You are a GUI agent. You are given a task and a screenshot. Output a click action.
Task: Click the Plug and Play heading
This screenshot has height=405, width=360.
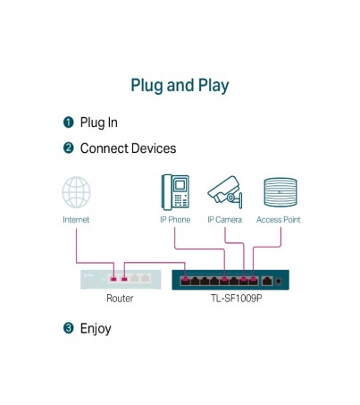(x=180, y=86)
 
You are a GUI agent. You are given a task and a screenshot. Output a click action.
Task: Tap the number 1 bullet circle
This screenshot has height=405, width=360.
(x=69, y=122)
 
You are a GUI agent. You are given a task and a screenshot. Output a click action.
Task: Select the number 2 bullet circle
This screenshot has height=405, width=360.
(x=69, y=148)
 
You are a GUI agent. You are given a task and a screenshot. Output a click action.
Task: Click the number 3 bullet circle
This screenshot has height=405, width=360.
(x=69, y=328)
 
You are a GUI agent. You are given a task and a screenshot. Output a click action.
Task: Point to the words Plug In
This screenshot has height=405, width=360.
(x=99, y=122)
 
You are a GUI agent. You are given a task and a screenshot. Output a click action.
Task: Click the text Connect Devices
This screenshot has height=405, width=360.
(x=128, y=148)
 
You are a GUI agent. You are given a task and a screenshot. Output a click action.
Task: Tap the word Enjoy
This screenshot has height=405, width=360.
(x=96, y=329)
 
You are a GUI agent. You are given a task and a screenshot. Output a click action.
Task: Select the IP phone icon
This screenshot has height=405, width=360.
(x=175, y=192)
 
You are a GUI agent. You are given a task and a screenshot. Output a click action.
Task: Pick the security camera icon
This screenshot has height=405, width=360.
(x=225, y=191)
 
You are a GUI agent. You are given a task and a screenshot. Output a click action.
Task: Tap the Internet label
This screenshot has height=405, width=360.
(x=76, y=220)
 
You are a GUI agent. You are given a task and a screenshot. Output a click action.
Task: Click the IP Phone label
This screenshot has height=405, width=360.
(x=175, y=220)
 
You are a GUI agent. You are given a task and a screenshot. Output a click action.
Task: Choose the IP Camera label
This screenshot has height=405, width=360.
(x=224, y=220)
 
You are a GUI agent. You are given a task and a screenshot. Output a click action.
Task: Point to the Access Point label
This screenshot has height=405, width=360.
(x=279, y=220)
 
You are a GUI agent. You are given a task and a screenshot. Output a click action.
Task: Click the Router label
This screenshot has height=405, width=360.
(x=120, y=298)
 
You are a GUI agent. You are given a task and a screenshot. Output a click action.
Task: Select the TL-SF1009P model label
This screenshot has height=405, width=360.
(x=237, y=298)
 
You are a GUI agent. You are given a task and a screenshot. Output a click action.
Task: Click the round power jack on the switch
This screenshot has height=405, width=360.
(x=279, y=281)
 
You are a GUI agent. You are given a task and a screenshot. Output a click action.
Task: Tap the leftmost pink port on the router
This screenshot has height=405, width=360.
(x=113, y=279)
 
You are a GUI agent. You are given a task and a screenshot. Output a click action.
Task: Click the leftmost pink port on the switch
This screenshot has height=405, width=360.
(x=185, y=280)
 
